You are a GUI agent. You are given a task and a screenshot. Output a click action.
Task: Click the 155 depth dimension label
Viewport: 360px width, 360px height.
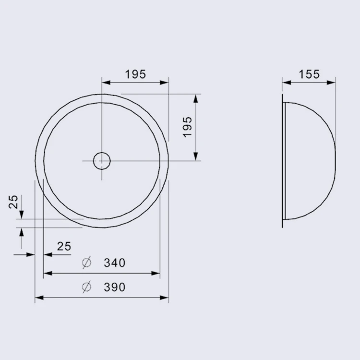[x=309, y=74]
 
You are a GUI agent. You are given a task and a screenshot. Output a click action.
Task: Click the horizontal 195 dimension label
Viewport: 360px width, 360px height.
[x=135, y=74]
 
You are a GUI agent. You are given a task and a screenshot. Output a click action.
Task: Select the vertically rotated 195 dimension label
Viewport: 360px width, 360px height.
[x=187, y=127]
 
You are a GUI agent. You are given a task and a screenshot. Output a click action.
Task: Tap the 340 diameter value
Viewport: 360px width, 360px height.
[x=115, y=263]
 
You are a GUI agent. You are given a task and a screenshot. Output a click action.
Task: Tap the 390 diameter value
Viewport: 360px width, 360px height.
[x=115, y=287]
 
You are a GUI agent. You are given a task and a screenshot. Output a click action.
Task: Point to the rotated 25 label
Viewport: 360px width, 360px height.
[x=13, y=202]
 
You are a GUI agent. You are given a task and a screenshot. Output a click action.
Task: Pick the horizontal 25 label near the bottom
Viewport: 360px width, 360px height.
[x=64, y=246]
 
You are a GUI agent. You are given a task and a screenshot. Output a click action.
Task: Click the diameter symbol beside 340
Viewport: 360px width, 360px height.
[x=87, y=263]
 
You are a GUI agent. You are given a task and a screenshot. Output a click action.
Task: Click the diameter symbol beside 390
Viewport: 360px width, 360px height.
[x=87, y=287]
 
